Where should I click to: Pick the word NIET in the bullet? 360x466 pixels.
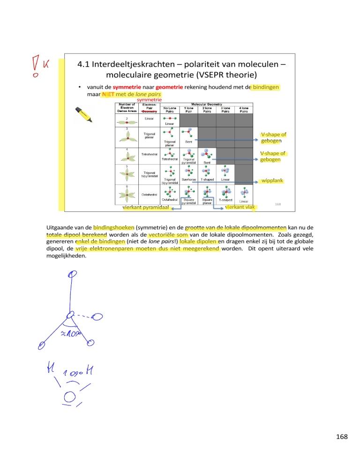pyautogui.click(x=103, y=94)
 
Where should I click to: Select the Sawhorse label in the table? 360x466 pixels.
pyautogui.click(x=189, y=179)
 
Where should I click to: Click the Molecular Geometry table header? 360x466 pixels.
pyautogui.click(x=207, y=105)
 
